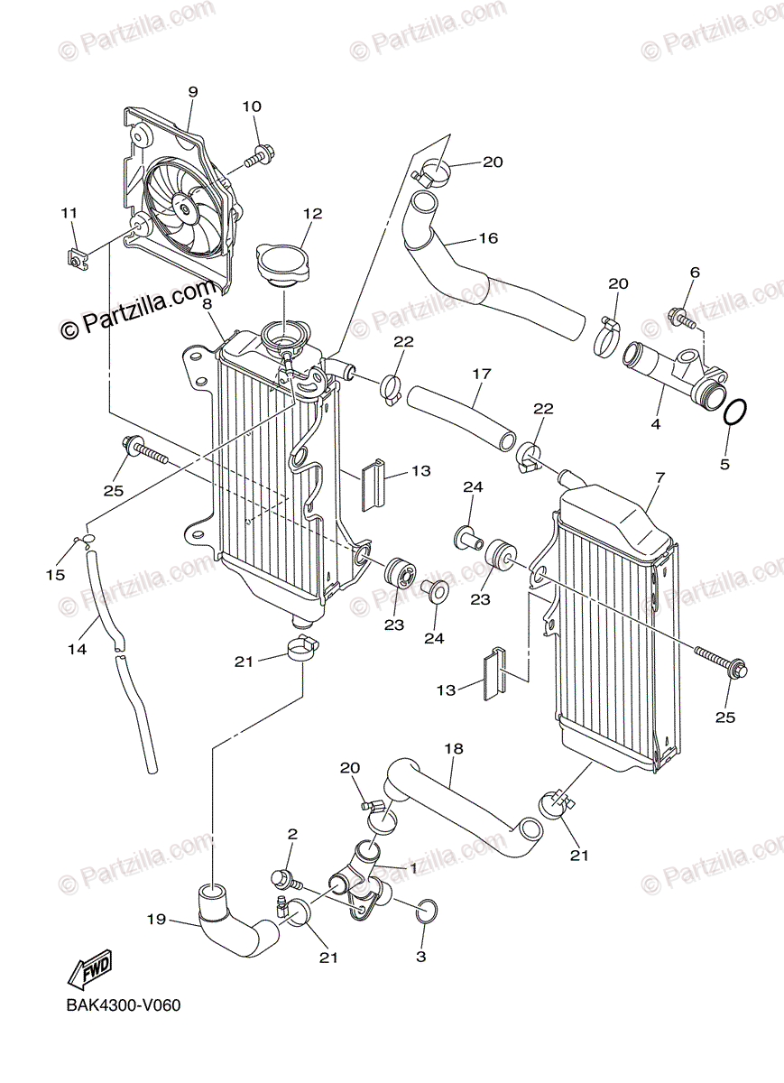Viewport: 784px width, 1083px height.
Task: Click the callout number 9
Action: click(x=192, y=92)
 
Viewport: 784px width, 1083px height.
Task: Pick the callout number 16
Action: click(x=488, y=238)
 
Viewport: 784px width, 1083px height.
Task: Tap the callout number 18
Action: click(x=454, y=748)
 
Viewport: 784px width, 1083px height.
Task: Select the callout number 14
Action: click(x=78, y=648)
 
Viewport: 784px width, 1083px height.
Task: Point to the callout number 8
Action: click(x=207, y=304)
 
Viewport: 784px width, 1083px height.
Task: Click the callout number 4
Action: click(x=656, y=423)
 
